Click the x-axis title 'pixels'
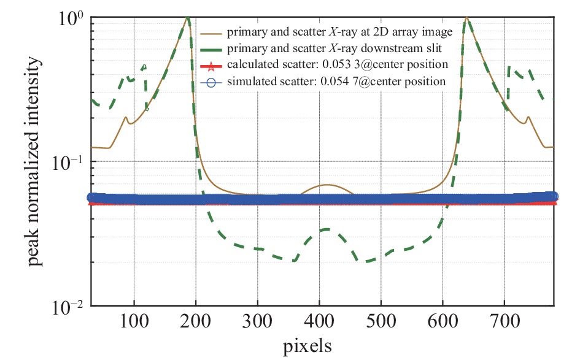[307, 347]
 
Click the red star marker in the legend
[210, 64]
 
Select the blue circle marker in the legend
[210, 81]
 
